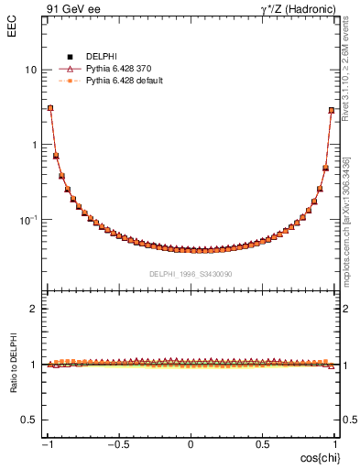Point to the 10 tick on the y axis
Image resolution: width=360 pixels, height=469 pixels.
pos(30,71)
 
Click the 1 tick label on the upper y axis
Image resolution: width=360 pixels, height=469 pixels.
pos(33,145)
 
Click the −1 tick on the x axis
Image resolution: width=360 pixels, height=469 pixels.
pos(47,445)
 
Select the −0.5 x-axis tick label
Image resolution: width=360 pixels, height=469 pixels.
pos(117,445)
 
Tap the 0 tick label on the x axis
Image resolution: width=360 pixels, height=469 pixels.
pos(191,445)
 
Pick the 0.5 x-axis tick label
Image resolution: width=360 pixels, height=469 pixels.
pos(262,445)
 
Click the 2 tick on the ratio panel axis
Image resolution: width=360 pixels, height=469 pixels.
pos(34,309)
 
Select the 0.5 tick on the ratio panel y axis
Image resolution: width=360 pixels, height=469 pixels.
pos(29,420)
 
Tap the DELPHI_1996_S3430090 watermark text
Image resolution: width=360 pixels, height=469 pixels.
pos(191,274)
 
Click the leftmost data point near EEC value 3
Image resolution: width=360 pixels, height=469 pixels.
pos(50,108)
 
